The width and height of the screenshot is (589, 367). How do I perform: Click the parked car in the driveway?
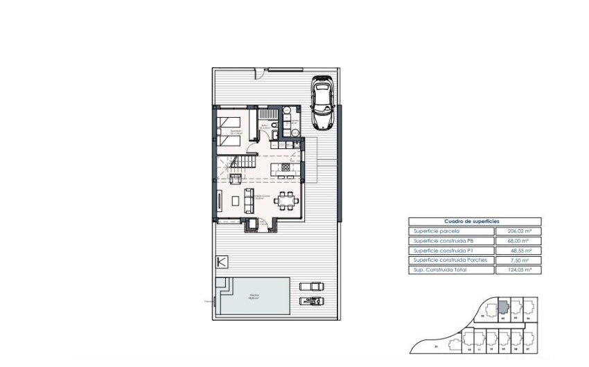tap(322, 102)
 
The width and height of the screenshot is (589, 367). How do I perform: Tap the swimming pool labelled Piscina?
tap(254, 296)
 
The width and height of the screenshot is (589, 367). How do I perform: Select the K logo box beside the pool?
tap(222, 262)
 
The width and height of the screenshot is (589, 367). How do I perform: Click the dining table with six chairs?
tap(285, 201)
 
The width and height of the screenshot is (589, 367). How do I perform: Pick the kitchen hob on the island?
tap(286, 168)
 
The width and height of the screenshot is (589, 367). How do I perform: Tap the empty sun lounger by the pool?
tap(310, 286)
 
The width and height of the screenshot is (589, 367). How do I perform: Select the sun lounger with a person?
tap(310, 300)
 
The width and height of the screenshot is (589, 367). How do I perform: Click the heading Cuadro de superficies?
tap(475, 222)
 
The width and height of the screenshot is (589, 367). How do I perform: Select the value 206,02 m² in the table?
tap(518, 231)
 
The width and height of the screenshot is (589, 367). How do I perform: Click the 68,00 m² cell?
tap(518, 240)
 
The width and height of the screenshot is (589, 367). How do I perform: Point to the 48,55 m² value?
tap(518, 250)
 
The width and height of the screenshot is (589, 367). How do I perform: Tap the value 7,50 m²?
tap(518, 260)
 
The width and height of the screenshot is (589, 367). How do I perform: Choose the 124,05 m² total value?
tap(518, 269)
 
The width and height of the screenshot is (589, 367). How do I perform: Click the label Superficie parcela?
tap(437, 231)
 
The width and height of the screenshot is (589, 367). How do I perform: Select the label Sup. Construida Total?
tap(441, 269)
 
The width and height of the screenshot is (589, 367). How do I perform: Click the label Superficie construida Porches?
tap(450, 260)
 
